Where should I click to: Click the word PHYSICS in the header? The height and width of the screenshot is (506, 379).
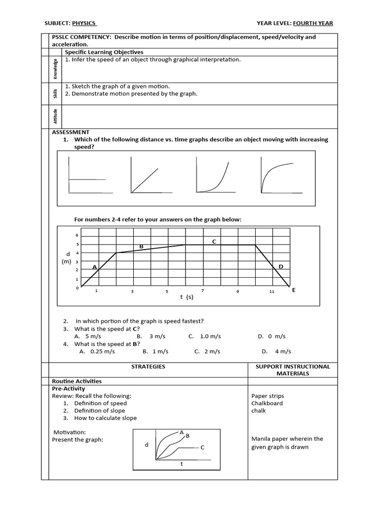tap(84, 23)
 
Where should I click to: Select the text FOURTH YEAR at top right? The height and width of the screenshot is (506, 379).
tap(313, 23)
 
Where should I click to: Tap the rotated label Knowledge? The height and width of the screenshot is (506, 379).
tap(56, 69)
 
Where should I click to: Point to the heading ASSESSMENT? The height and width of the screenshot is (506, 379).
tap(71, 132)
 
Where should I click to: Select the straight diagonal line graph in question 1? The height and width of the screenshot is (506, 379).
tap(145, 175)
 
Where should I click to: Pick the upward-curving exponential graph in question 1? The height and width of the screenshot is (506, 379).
tap(214, 175)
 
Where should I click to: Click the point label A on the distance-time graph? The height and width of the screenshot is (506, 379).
tap(94, 267)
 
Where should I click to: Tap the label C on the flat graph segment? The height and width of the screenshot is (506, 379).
tap(214, 241)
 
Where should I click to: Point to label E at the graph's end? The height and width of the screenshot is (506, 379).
tap(294, 290)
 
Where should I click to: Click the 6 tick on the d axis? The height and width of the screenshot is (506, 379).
tap(77, 235)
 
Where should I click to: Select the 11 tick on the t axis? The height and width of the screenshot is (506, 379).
tap(272, 292)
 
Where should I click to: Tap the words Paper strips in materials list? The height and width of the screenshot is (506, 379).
tap(267, 396)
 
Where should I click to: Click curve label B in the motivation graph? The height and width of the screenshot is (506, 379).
tap(188, 436)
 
